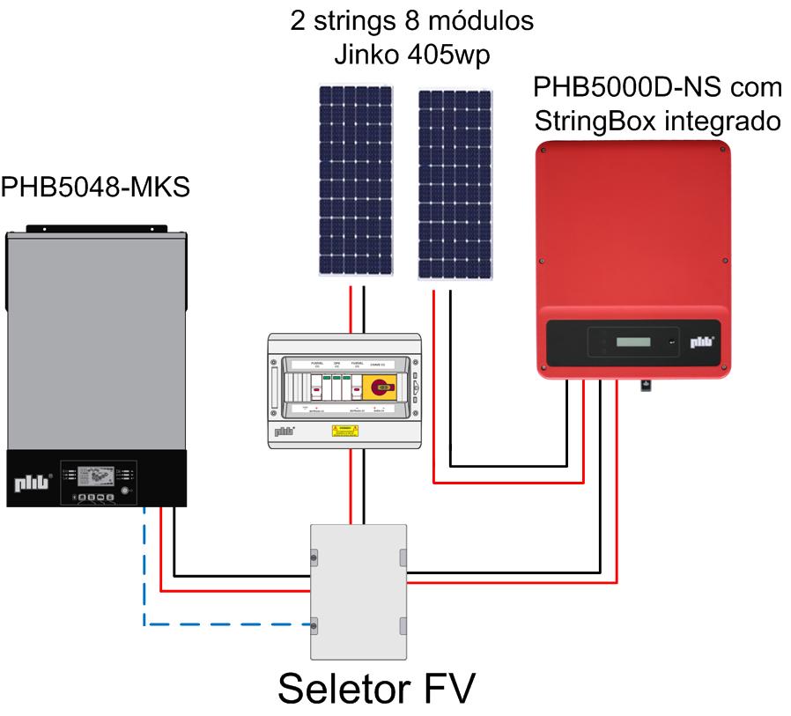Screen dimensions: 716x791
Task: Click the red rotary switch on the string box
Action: [x=381, y=384]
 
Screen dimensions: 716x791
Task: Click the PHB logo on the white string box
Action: [x=285, y=432]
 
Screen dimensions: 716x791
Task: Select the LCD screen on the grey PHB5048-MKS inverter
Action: [x=92, y=474]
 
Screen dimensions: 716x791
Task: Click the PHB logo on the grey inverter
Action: [x=30, y=483]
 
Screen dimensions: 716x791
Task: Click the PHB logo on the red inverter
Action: [x=700, y=343]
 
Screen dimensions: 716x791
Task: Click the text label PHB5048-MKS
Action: [x=95, y=188]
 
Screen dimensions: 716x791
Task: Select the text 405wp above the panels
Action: [x=455, y=55]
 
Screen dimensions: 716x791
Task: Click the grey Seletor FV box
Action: [x=359, y=590]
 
